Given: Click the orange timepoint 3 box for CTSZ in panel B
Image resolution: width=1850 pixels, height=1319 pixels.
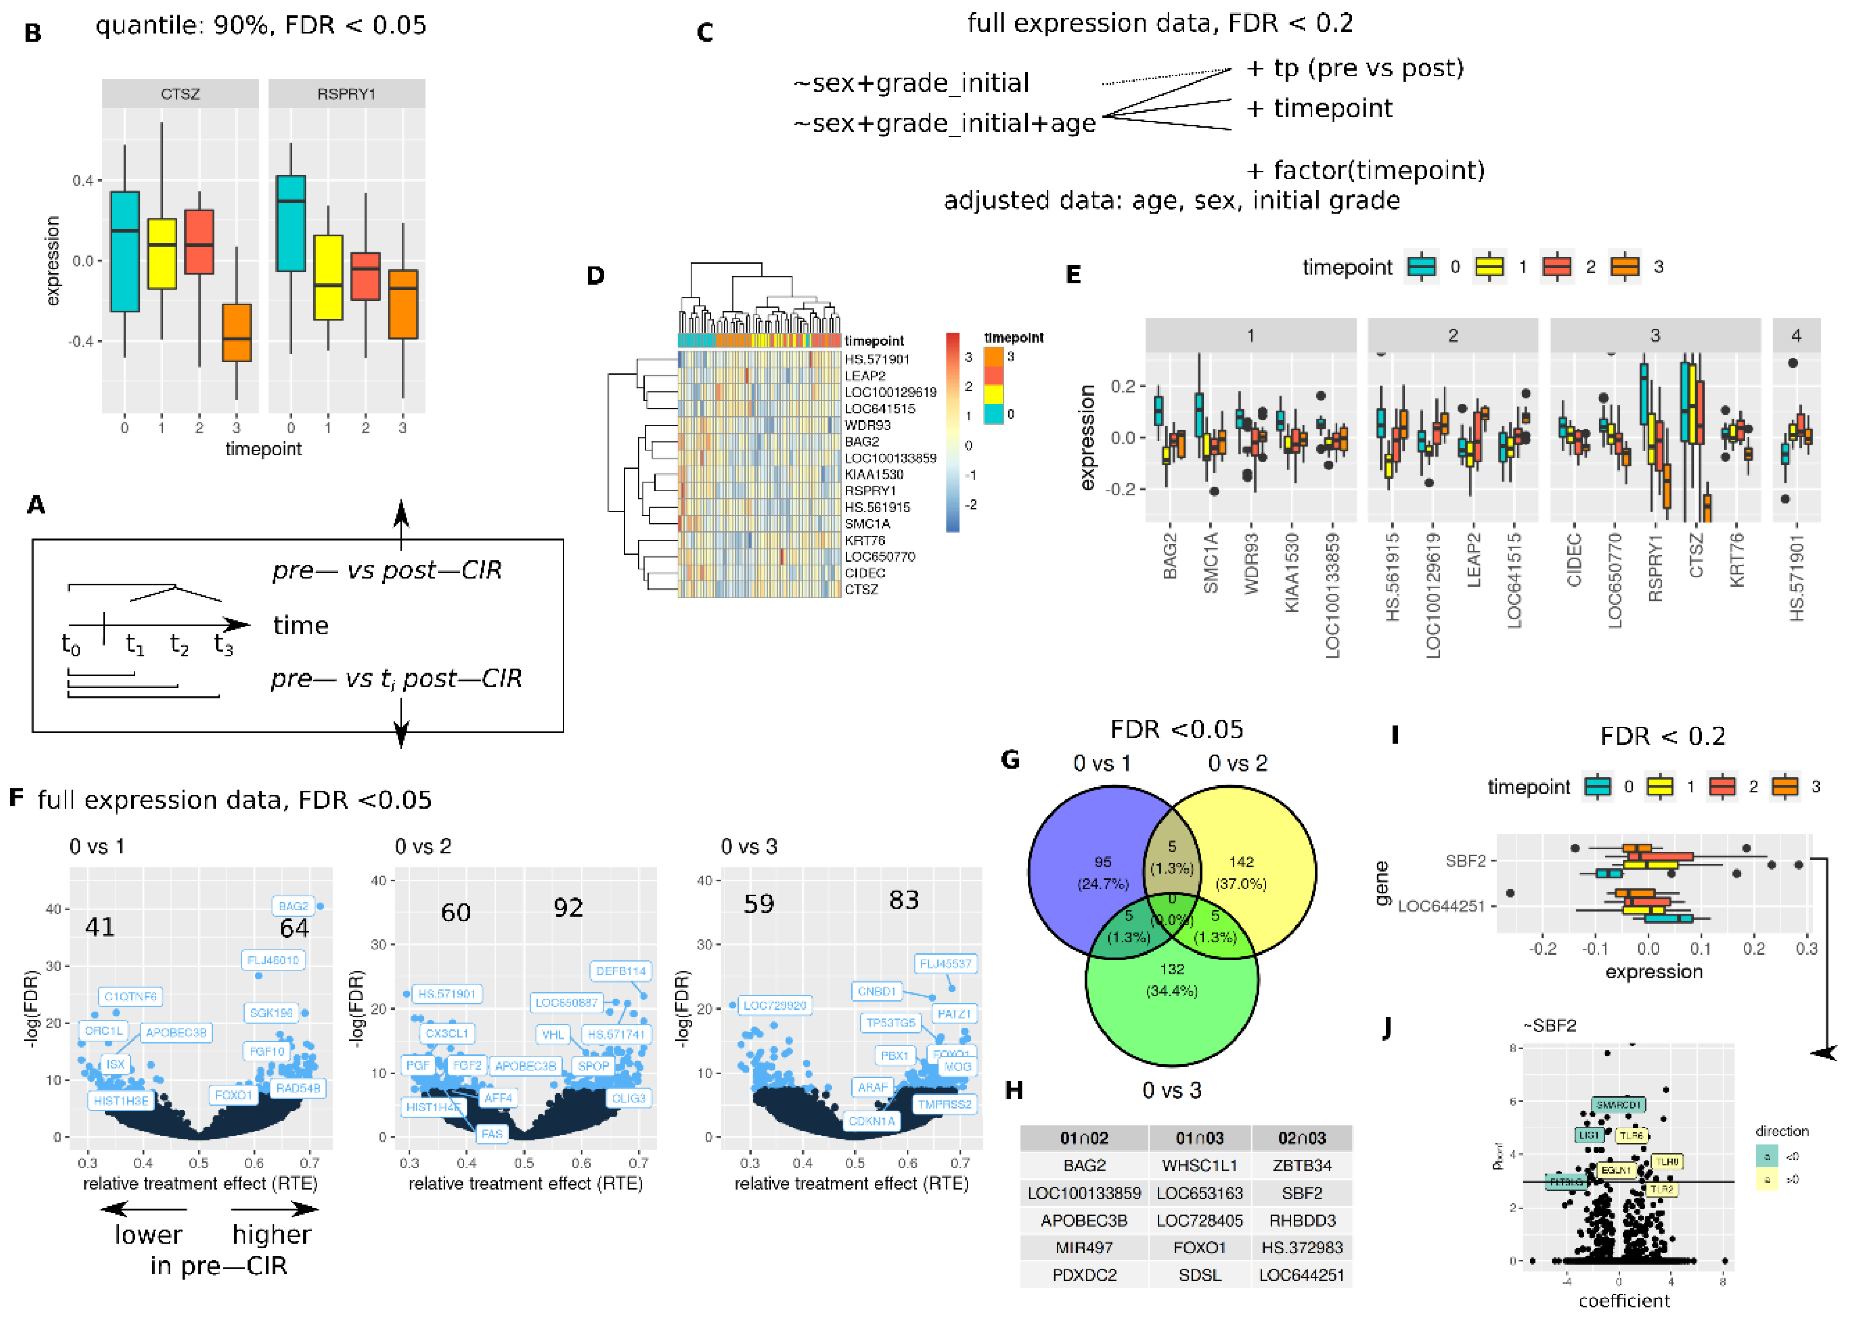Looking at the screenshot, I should pos(236,332).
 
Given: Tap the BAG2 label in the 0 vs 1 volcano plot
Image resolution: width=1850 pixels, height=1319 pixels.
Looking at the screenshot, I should pos(293,906).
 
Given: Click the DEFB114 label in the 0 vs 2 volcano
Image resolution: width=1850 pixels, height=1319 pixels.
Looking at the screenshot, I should pos(621,971).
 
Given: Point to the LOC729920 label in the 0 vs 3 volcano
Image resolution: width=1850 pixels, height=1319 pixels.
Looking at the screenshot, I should pos(775,1005).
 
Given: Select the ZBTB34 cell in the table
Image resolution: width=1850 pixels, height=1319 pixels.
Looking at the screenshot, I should pos(1302,1165).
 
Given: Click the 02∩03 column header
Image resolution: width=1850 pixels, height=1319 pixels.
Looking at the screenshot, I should pos(1302,1138).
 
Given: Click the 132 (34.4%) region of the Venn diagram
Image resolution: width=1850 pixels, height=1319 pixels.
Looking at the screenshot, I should pos(1172,979).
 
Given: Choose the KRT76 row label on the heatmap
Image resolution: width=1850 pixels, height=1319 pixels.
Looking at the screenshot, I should pos(865,540).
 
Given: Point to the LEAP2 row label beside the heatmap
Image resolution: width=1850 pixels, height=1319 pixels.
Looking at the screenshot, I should pos(865,376).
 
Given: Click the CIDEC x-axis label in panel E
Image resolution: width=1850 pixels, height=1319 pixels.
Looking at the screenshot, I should pos(1574,560).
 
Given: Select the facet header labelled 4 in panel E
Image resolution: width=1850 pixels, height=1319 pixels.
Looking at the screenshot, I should pos(1796,335).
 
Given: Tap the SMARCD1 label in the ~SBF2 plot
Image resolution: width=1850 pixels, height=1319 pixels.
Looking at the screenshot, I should pos(1618,1105).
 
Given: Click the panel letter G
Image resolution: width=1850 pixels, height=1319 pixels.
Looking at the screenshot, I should pos(1010,760).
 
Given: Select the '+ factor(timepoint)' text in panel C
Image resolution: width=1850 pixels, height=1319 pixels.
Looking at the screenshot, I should pos(1365,171).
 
